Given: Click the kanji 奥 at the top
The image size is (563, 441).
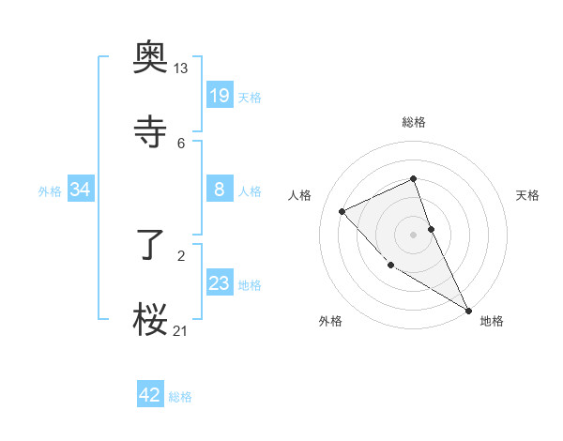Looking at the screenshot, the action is click(x=151, y=57).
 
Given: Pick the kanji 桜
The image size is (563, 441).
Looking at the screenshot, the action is click(x=151, y=320).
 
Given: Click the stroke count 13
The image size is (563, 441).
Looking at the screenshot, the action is click(x=181, y=68).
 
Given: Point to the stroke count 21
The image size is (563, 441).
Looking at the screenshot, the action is click(x=181, y=330).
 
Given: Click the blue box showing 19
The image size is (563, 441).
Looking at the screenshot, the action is click(x=220, y=95).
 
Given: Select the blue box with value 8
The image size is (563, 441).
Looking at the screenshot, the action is click(x=220, y=190).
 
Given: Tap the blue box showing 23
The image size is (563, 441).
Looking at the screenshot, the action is click(x=220, y=283).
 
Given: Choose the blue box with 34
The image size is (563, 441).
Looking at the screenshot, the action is click(x=81, y=190).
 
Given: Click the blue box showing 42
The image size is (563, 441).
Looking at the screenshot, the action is click(x=150, y=395).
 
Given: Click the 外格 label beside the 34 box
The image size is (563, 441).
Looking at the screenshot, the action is click(x=50, y=191).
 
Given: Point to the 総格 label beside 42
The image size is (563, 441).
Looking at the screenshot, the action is click(x=180, y=397).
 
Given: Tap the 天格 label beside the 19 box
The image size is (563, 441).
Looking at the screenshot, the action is click(x=250, y=97).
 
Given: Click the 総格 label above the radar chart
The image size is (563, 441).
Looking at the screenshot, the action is click(x=414, y=122).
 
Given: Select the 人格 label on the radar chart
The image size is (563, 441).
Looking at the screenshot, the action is click(x=300, y=195).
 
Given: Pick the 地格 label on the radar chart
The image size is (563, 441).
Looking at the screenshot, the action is click(x=492, y=321).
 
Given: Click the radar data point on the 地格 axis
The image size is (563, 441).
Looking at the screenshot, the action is click(x=468, y=310).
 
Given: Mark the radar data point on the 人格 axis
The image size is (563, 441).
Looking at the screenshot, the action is click(x=342, y=211).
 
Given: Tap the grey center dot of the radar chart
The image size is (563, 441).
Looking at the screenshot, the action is click(x=414, y=234).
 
